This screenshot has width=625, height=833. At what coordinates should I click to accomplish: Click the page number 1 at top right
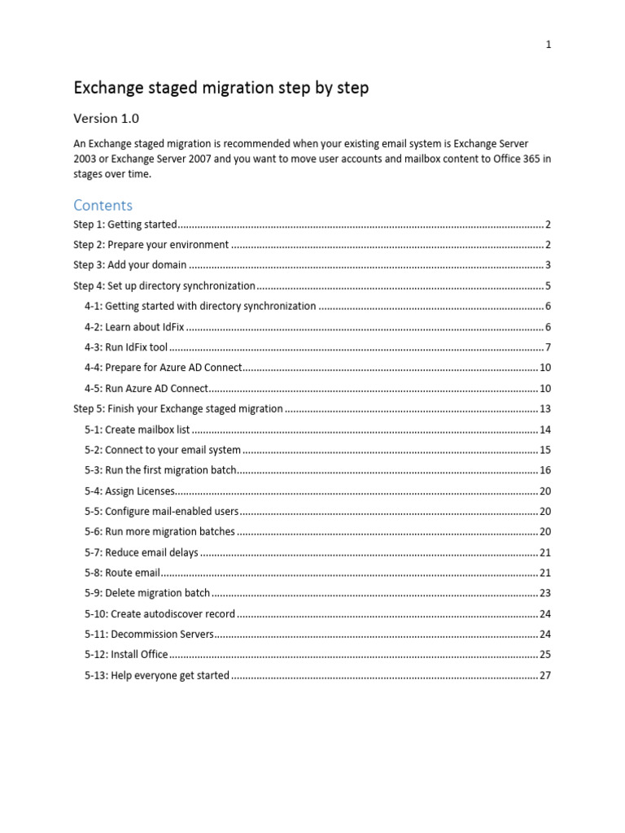549,45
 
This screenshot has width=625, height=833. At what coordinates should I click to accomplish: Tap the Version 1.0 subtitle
106,119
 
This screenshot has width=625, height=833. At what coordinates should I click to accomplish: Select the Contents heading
103,205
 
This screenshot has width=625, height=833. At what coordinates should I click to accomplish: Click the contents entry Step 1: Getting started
125,225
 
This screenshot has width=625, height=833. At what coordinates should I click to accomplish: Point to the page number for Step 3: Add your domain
549,265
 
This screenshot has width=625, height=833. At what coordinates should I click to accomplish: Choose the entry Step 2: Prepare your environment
151,245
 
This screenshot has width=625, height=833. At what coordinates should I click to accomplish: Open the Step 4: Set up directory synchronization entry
164,286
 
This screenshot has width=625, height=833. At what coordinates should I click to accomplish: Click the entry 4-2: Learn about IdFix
134,327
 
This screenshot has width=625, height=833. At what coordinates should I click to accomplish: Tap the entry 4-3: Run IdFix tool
125,347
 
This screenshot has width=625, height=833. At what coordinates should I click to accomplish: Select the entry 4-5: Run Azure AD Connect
146,388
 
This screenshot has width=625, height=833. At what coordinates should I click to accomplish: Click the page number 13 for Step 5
545,408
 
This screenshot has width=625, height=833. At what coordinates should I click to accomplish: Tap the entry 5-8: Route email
122,573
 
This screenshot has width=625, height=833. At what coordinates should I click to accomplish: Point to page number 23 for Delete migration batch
545,593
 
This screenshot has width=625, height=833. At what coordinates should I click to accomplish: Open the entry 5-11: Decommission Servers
149,634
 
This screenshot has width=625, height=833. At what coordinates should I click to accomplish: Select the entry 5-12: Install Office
126,654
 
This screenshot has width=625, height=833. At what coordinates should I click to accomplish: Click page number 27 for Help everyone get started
545,675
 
